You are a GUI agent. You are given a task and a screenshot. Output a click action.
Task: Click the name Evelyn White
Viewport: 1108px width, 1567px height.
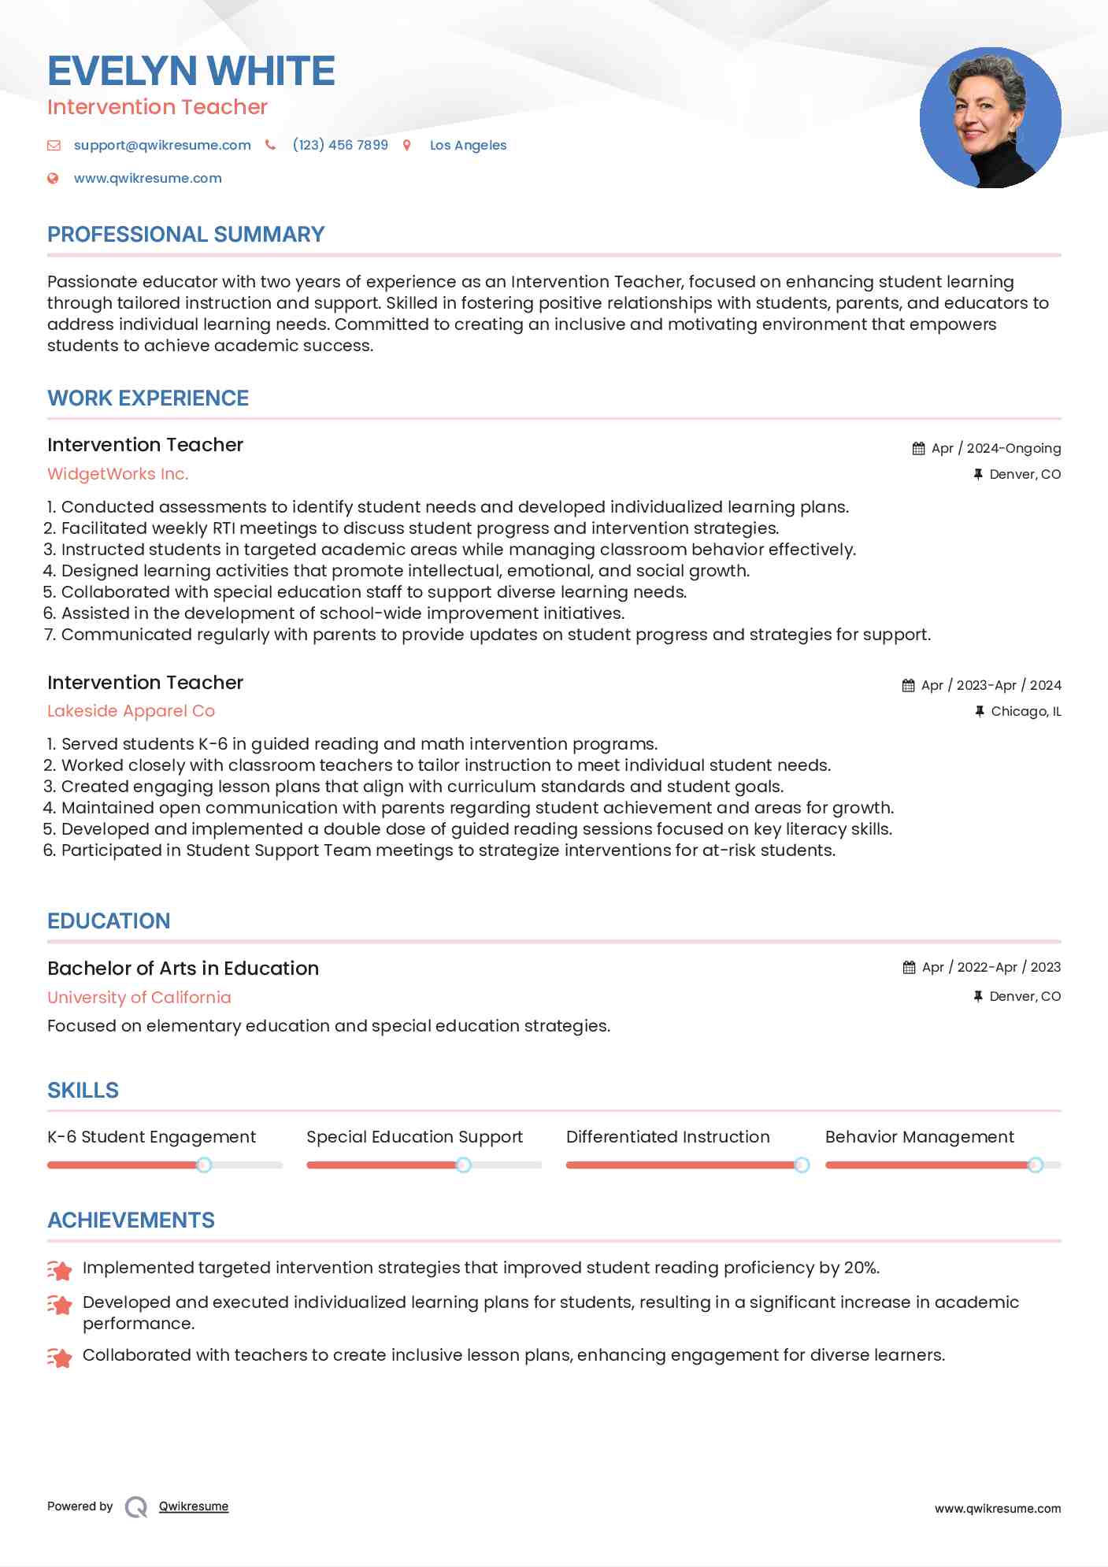191,71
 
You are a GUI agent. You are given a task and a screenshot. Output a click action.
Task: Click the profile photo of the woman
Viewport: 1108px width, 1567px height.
990,118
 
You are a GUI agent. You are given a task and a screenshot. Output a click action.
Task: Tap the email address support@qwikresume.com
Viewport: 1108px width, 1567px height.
162,145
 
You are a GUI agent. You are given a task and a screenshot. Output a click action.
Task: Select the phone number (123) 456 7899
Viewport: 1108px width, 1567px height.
340,145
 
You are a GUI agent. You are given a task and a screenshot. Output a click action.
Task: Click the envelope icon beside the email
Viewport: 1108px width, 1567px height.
54,145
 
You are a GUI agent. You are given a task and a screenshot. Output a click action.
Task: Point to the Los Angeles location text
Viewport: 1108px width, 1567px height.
468,145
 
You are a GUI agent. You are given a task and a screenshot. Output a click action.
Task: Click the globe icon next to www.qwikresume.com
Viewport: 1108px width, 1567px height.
53,178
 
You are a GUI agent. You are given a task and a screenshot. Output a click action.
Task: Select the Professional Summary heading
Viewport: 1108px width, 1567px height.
186,235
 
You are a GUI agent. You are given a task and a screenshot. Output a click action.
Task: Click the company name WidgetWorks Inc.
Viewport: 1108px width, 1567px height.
118,474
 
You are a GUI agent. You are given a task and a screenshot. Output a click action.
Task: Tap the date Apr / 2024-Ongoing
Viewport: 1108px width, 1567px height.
995,448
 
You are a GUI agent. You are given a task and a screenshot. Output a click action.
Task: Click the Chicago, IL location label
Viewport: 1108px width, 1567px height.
1025,711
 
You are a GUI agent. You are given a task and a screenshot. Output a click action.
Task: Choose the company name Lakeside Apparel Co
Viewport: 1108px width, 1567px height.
131,711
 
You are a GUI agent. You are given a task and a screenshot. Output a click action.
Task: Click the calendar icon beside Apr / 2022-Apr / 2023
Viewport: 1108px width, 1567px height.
909,967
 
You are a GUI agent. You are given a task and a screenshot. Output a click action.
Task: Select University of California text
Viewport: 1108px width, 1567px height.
139,997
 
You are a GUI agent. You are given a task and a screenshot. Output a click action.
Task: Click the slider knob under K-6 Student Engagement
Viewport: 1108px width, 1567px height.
204,1165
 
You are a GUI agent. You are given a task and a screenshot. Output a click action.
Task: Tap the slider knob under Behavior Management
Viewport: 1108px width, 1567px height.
1036,1165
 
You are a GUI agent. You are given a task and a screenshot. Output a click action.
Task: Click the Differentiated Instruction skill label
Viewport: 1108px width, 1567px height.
668,1137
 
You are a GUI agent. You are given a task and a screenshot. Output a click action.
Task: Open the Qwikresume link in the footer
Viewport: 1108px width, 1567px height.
194,1506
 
